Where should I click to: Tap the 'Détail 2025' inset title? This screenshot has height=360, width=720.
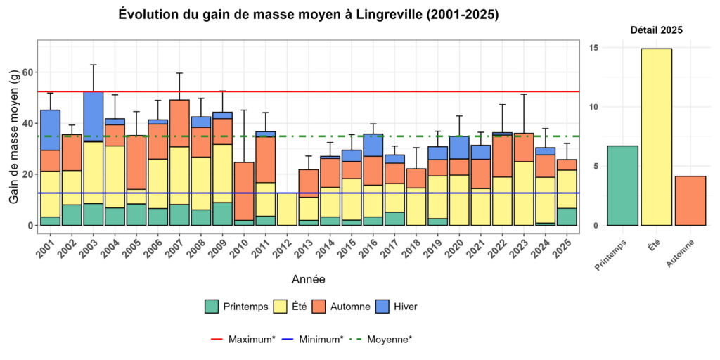[656, 30]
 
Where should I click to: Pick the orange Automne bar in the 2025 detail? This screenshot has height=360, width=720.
[690, 201]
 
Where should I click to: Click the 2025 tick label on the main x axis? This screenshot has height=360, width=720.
[562, 248]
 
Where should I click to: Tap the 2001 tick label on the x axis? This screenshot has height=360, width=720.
[46, 248]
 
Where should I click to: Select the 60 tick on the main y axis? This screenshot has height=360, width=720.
[28, 72]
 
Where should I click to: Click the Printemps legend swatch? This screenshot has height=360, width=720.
[212, 307]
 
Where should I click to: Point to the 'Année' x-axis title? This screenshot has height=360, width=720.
[308, 280]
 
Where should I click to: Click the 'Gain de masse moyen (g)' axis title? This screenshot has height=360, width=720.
[14, 137]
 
